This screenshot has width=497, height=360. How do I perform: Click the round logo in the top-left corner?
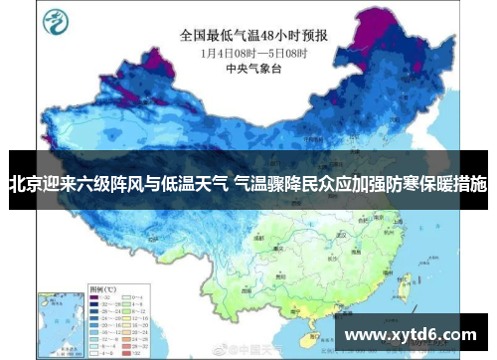58,21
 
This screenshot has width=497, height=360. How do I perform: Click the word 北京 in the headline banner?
26,184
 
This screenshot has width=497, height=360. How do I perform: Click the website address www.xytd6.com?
409,336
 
